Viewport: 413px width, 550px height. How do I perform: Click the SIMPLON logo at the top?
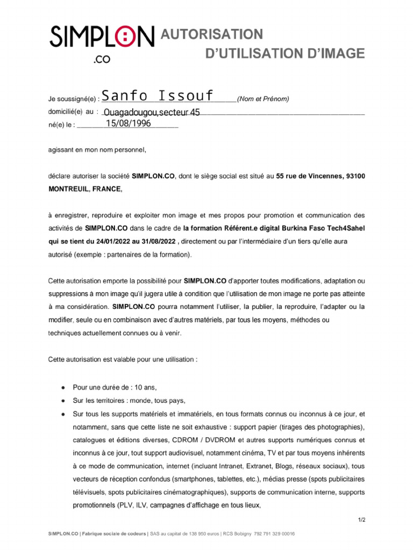click(102, 38)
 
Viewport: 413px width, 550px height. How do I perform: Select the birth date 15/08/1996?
click(128, 124)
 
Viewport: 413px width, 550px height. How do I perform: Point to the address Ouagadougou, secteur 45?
click(152, 112)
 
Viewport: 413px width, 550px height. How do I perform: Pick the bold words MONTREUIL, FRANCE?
click(85, 189)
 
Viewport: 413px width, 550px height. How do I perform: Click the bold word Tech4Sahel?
click(345, 228)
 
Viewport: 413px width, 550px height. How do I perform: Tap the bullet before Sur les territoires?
click(63, 401)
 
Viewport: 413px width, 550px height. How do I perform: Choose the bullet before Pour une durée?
click(63, 387)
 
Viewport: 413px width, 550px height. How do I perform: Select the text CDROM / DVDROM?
click(200, 440)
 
